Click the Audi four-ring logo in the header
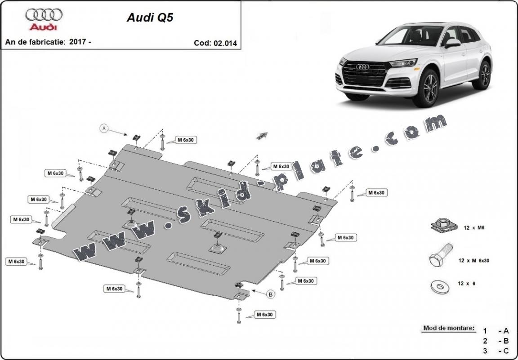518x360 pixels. (x=44, y=15)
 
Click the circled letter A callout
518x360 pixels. (x=104, y=129)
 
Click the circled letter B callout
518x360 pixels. (x=271, y=294)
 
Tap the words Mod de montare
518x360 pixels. (x=448, y=328)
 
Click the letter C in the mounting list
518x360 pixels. (x=506, y=351)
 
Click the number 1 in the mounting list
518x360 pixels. (x=485, y=331)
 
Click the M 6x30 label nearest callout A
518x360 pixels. (x=185, y=140)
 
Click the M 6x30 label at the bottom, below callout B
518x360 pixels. (x=264, y=315)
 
